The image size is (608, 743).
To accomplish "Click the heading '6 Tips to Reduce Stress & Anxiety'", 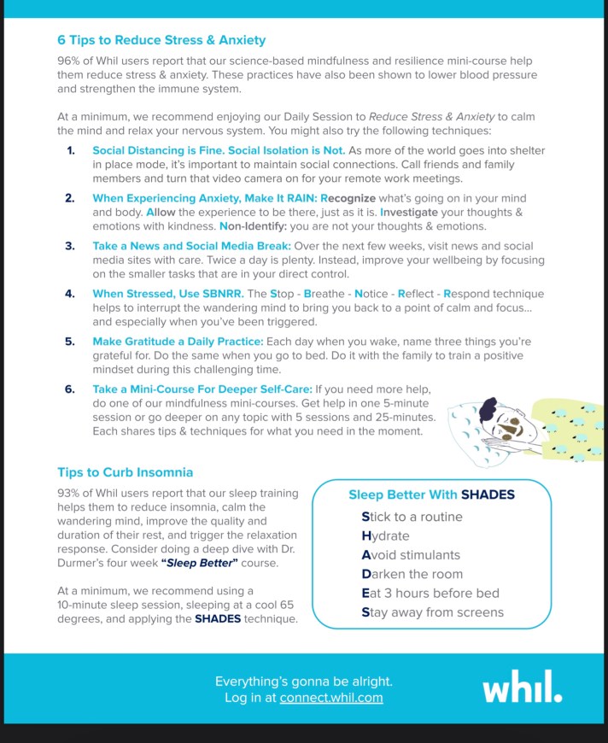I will pos(161,40).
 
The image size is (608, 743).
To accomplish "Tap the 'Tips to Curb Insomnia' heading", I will pos(125,472).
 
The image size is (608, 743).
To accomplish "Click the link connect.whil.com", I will pos(331,698).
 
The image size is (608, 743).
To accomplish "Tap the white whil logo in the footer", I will pos(522,687).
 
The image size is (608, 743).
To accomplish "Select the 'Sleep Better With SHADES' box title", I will pos(431,494).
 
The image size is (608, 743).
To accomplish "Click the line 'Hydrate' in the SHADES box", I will pos(385,536).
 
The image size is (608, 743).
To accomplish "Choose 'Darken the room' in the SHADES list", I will pos(412,574).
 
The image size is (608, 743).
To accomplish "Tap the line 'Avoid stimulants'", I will pos(411,555).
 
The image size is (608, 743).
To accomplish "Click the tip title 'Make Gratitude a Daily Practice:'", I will pos(178,342).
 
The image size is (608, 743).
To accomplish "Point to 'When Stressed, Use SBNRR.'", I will pos(168,294).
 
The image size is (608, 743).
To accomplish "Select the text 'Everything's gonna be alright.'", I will pos(303,682).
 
